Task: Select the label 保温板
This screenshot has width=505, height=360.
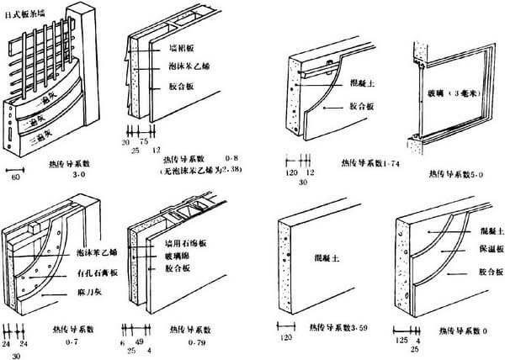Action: [x=489, y=250]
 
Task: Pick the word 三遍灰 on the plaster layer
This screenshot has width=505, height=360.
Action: [x=49, y=142]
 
